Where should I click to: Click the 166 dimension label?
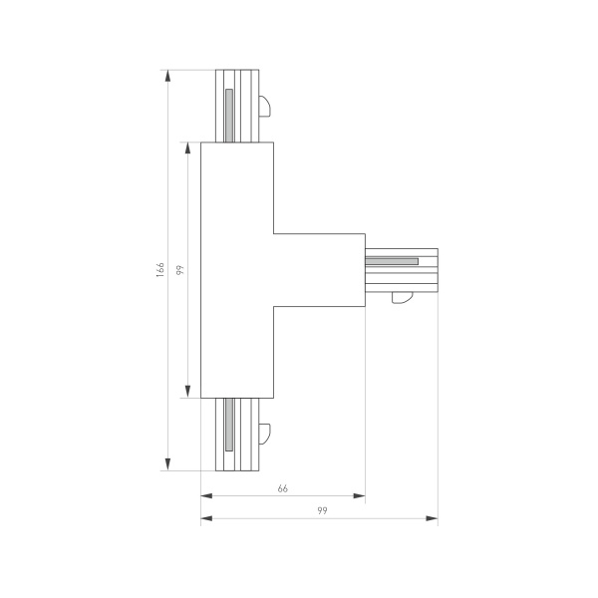(x=159, y=270)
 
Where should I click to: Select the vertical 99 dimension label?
(x=179, y=270)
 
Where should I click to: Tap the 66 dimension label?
(x=283, y=488)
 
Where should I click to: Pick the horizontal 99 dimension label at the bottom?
(x=322, y=511)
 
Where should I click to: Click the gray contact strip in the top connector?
(x=228, y=115)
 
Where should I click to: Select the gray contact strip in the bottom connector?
(x=228, y=424)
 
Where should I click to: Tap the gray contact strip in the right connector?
(x=392, y=262)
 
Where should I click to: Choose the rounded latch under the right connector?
(x=403, y=295)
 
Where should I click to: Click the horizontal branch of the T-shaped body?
(x=319, y=269)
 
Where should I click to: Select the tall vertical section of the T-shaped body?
(x=237, y=269)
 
